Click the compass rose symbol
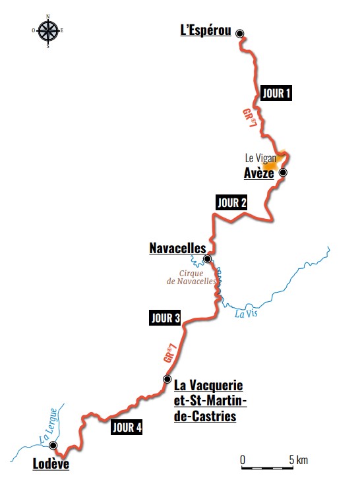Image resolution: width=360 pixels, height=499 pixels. [47, 30]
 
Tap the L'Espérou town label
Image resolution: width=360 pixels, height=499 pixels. [206, 30]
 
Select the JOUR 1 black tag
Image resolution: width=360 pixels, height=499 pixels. [276, 93]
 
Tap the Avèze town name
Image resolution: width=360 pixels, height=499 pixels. [258, 173]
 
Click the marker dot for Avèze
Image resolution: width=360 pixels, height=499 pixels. [283, 173]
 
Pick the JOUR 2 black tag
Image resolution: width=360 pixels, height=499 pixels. [231, 203]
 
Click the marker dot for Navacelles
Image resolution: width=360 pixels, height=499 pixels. [207, 259]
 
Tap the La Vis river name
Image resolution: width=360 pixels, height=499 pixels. [245, 314]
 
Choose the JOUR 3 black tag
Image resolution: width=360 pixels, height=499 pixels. [165, 318]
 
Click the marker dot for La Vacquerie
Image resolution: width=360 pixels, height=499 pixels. [167, 378]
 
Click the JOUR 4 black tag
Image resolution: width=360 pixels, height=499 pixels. [127, 427]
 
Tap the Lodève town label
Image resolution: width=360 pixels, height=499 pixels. [51, 464]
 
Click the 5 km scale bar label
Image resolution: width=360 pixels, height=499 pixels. [299, 459]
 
